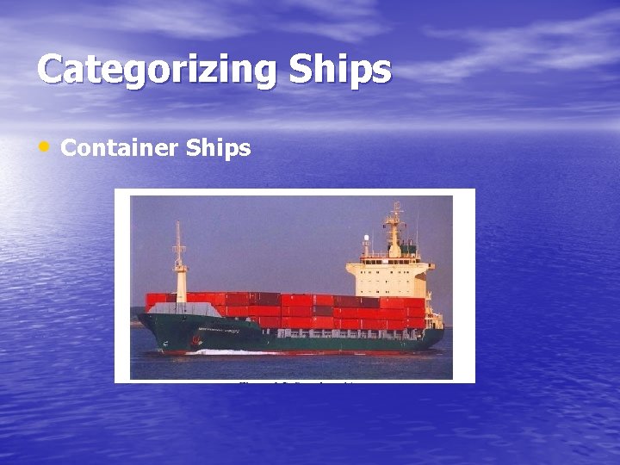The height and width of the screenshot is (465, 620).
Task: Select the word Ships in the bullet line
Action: click(x=218, y=148)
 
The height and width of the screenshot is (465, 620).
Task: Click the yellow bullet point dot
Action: click(x=44, y=146)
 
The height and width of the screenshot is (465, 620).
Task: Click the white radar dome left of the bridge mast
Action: click(x=367, y=239)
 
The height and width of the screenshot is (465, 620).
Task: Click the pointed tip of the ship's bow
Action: click(x=139, y=317)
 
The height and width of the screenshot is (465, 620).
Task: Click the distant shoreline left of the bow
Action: click(x=134, y=323)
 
